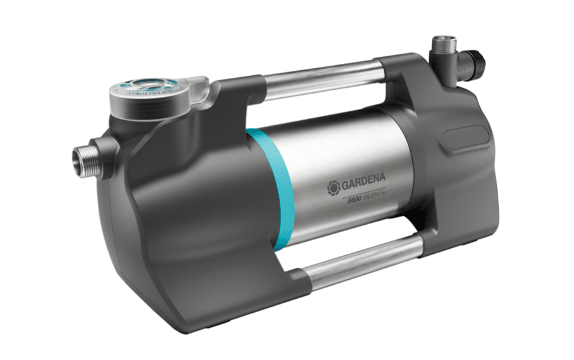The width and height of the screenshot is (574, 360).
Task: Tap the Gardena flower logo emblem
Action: point(334,188)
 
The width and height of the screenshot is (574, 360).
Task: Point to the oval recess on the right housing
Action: point(462,139)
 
